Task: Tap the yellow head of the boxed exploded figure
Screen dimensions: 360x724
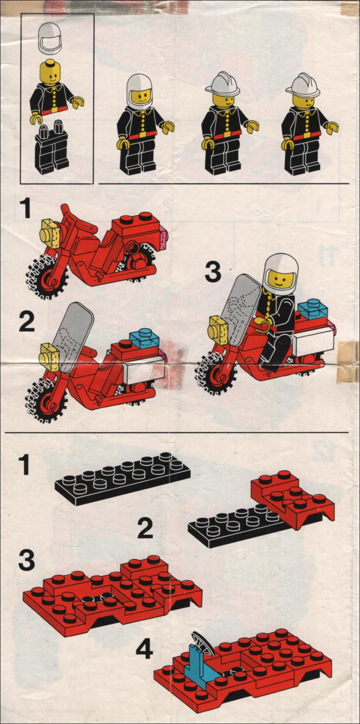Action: [x=49, y=72]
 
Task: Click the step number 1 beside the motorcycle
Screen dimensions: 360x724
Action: [x=25, y=209]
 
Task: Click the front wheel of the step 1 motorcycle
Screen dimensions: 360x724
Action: [x=47, y=277]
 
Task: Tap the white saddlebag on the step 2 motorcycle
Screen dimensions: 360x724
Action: [x=144, y=372]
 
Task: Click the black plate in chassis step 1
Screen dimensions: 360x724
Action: [x=122, y=478]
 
